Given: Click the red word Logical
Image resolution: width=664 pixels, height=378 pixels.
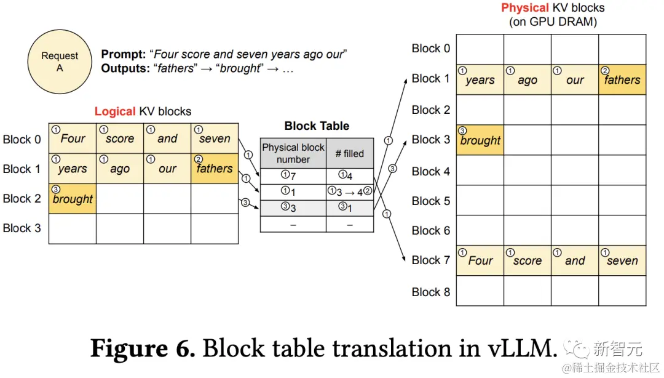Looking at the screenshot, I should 114,111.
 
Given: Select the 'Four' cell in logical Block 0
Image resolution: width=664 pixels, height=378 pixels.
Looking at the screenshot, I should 73,139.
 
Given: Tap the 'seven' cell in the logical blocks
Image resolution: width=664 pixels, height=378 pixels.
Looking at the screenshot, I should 214,139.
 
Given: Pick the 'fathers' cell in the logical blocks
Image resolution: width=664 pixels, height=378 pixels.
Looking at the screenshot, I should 214,168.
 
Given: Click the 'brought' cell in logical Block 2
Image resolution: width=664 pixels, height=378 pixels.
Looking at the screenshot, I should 73,199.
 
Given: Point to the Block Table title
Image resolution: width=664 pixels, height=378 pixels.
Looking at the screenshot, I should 317,126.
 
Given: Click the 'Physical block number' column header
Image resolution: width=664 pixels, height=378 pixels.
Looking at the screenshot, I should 293,153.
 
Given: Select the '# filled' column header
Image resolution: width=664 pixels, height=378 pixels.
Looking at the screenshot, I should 350,153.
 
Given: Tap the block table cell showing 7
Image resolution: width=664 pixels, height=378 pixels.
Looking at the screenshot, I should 293,176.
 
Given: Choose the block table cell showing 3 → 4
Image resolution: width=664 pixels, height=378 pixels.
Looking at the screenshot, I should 350,191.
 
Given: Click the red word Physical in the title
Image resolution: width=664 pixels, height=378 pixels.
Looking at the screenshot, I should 524,8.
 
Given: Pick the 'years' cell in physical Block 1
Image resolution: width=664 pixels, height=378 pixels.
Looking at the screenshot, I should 480,80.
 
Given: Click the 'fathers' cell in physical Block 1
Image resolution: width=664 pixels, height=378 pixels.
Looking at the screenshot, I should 622,80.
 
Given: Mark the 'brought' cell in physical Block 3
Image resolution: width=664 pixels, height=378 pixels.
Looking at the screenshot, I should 480,140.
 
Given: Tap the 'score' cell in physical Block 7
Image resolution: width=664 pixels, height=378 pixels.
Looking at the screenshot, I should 527,260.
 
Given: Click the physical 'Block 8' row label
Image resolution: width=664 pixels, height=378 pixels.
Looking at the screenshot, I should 430,292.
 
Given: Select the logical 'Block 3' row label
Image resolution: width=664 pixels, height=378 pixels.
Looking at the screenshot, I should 22,228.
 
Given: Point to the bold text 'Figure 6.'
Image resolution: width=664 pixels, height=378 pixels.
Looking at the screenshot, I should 143,349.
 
